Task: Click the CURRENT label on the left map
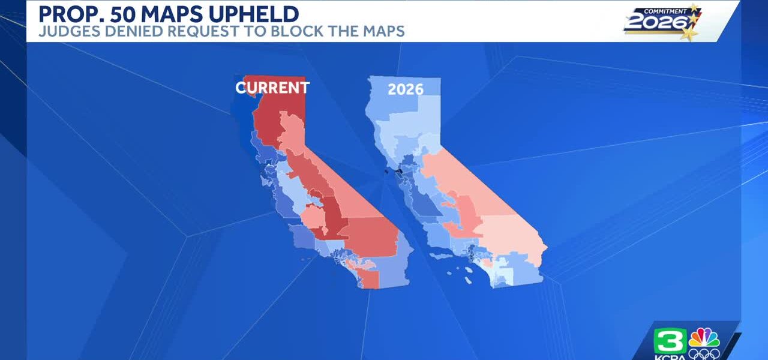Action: coord(272,88)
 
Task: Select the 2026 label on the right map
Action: coord(406,89)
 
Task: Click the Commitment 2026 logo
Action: coord(662,21)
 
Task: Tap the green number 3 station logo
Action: coord(670,341)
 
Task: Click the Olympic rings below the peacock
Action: coord(704,354)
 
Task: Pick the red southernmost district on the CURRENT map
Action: coord(368,278)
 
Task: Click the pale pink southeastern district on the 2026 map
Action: coord(511,236)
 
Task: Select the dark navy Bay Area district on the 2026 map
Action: coord(399,171)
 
